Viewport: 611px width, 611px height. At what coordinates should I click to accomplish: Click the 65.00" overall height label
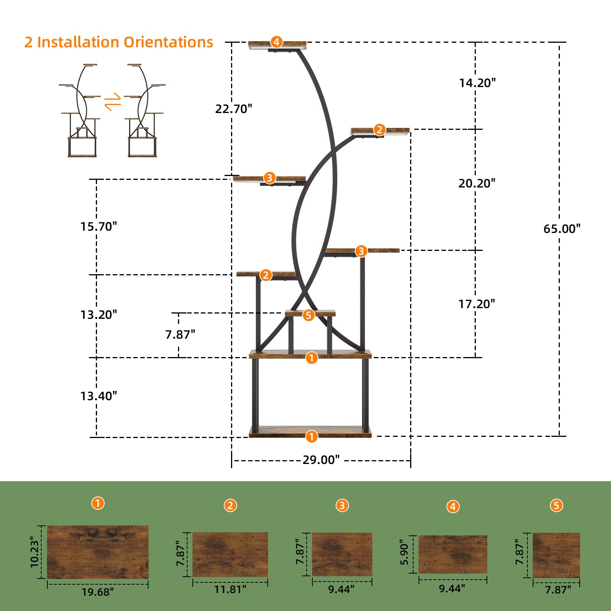coord(562,229)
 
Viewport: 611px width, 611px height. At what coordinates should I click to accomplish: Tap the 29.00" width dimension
coord(321,459)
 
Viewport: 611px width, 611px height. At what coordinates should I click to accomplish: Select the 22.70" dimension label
coord(234,109)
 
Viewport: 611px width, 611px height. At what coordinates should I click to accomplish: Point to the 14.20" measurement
coord(477,83)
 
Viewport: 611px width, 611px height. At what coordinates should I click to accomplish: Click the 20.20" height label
coord(477,183)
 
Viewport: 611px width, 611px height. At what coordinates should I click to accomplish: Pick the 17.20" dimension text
coord(477,304)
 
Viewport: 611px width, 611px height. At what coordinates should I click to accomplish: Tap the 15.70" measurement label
coord(99,226)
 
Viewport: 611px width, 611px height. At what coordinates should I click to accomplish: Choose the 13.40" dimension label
coord(99,396)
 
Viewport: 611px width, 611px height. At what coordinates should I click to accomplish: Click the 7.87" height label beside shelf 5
coord(180,335)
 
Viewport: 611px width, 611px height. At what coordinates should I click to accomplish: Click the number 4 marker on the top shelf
coord(276,42)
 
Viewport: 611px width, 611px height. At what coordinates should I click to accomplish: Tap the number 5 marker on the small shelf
coord(309,315)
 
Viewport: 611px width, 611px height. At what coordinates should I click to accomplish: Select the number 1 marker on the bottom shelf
coord(312,436)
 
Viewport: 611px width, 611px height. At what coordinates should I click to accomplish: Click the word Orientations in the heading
coord(168,42)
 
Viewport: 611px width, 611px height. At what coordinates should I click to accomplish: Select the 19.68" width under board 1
coord(98,592)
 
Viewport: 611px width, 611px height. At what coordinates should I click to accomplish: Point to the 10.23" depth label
coord(35,552)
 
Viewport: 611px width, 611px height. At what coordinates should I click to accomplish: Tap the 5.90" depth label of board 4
coord(404,552)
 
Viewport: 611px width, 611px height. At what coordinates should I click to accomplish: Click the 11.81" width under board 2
coord(230,589)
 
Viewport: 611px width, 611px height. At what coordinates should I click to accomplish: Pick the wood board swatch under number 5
coord(556,555)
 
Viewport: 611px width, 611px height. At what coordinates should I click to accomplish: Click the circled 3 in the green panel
coord(342,506)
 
